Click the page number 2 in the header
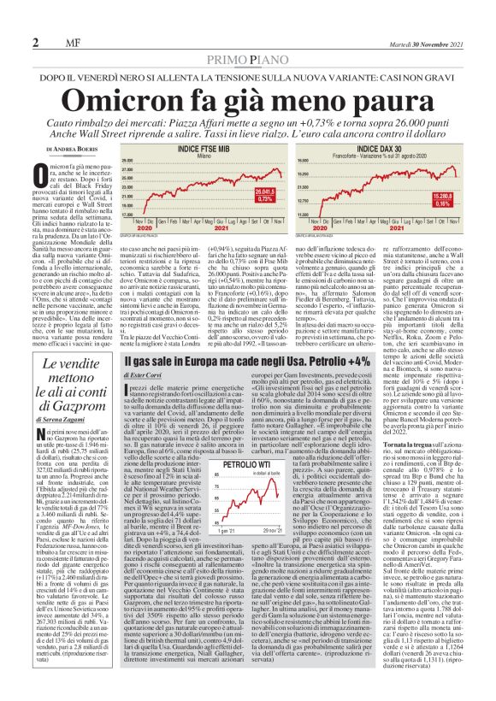click(38, 41)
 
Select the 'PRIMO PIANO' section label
click(248, 57)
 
